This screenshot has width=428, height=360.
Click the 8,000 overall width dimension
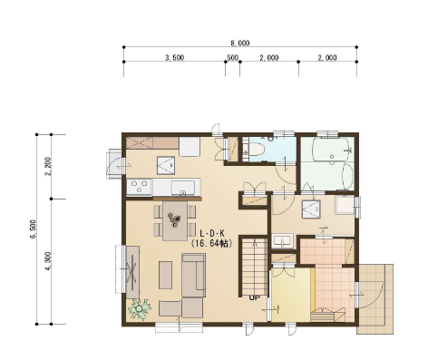pos(240,44)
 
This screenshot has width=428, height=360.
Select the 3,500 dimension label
pos(174,57)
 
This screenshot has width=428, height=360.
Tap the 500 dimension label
pos(232,57)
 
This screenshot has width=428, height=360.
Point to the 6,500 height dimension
pos(33,229)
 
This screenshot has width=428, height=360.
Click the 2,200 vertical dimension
pos(48,166)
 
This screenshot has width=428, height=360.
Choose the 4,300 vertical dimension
pos(48,261)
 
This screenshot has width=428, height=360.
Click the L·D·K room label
pos(212,233)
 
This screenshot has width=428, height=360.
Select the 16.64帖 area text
pos(212,243)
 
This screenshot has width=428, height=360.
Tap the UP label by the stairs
pos(254,297)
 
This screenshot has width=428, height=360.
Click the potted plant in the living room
pos(140,308)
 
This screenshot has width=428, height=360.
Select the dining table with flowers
pos(175,220)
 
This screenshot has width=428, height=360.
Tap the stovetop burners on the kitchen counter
pos(139,187)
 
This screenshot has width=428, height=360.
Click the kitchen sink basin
pos(183,188)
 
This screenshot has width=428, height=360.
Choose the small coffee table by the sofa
pos(165,275)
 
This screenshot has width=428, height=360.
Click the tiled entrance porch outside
pos(375,299)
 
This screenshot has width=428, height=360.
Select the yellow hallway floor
pos(291,295)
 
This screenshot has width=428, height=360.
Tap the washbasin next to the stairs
pos(283,241)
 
